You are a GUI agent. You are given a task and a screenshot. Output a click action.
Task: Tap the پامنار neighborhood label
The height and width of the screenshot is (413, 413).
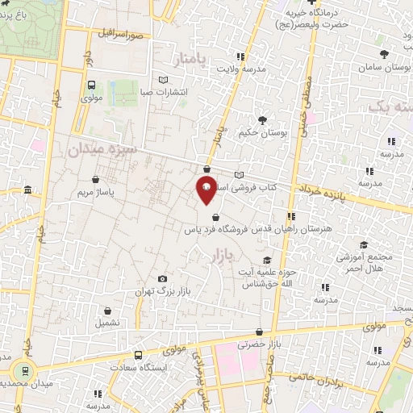click(x=191, y=58)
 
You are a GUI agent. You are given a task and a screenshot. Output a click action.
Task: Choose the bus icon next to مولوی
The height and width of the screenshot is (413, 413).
click(x=90, y=84)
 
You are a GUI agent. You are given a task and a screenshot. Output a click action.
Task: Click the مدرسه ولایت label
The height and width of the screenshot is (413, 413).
click(x=240, y=69)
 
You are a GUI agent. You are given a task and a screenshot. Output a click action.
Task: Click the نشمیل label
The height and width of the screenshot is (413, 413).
click(x=106, y=322)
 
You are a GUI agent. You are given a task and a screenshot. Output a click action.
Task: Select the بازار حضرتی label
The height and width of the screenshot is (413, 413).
click(x=257, y=344)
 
